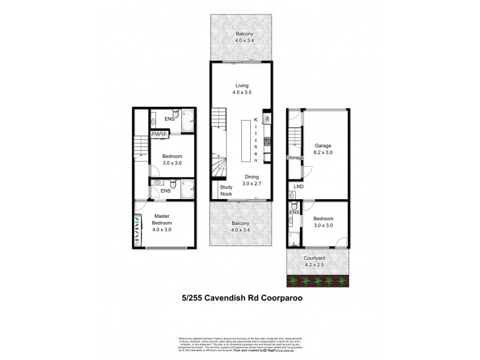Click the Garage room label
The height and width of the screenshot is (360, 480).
click(x=324, y=145)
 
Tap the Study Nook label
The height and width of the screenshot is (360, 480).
click(x=226, y=190)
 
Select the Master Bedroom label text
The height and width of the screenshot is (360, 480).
click(x=162, y=220)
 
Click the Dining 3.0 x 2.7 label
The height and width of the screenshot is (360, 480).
click(x=252, y=179)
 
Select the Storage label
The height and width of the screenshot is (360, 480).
click(x=295, y=157)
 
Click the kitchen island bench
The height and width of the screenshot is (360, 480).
click(x=247, y=141)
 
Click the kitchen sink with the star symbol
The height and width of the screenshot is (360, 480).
click(x=267, y=118)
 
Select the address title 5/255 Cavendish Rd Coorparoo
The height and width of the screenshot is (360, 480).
click(x=240, y=296)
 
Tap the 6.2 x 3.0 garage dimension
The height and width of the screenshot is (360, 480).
click(x=324, y=152)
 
